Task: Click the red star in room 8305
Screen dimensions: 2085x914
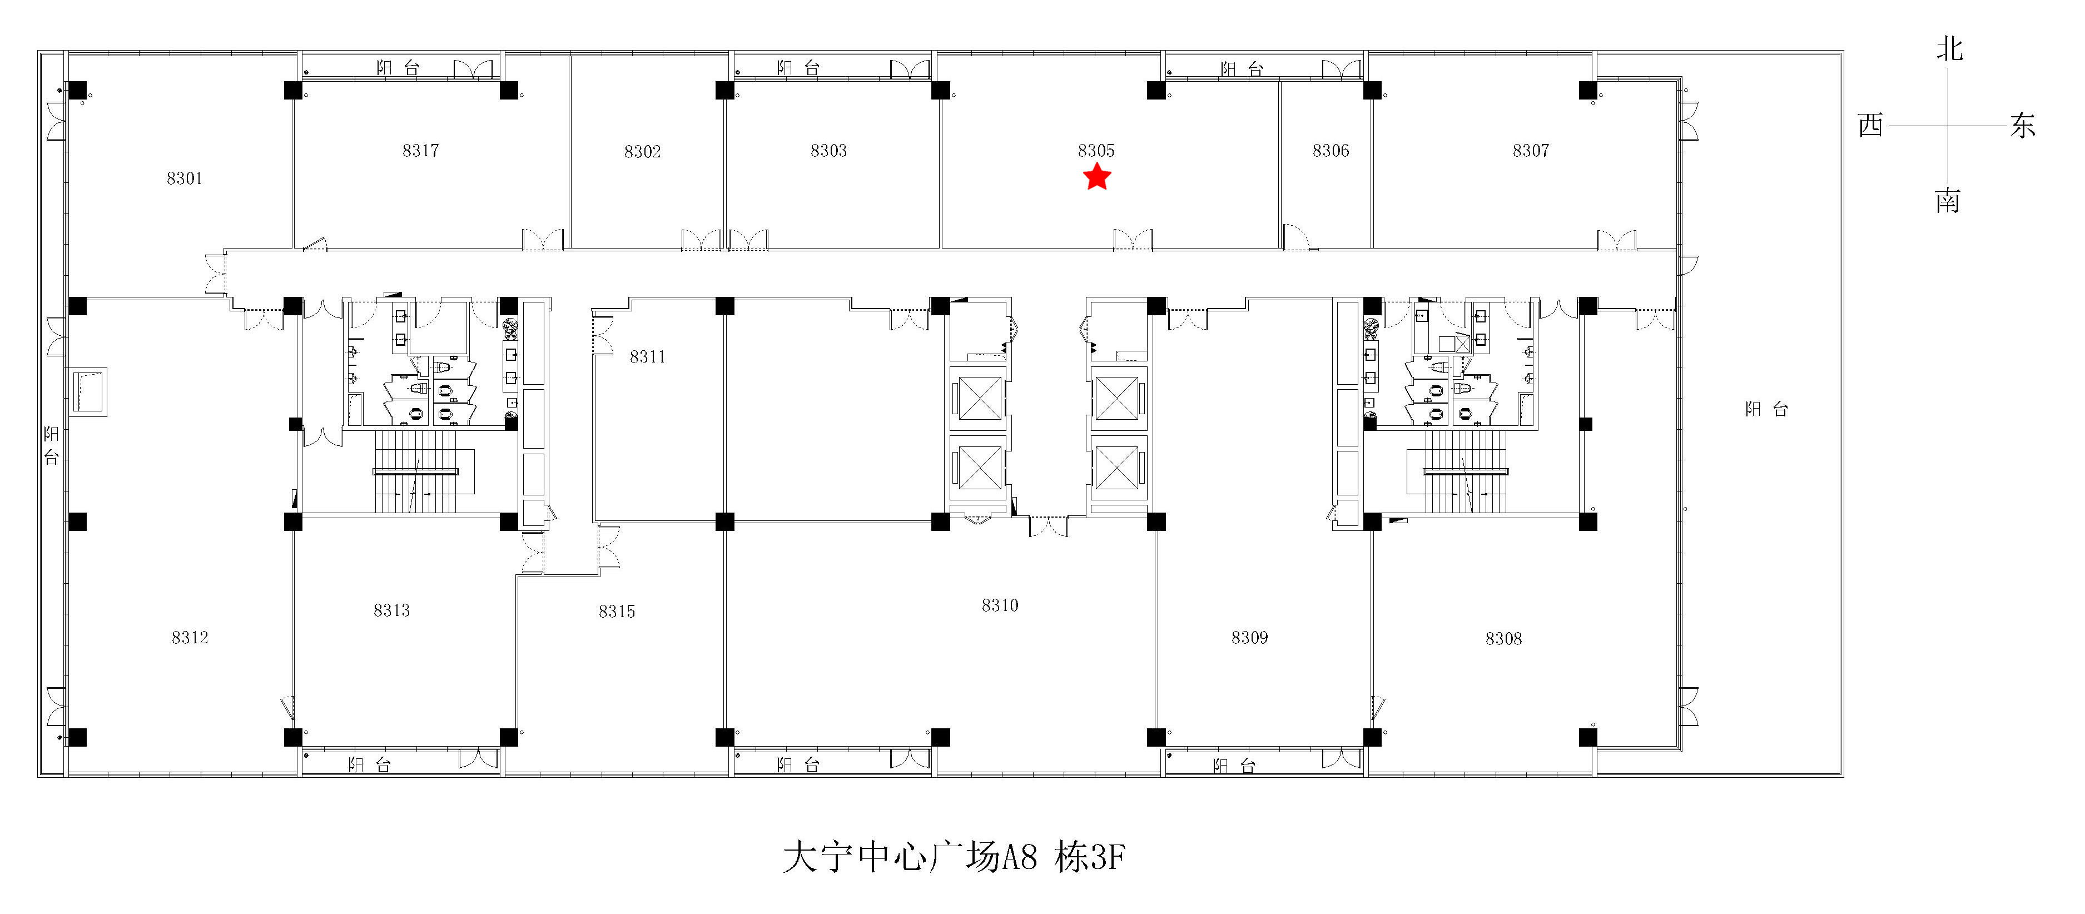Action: point(1097,176)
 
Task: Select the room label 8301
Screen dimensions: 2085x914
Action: point(185,178)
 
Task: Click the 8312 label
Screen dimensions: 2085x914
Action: point(190,637)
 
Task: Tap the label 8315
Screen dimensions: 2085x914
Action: point(617,611)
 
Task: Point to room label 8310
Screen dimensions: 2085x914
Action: point(1000,605)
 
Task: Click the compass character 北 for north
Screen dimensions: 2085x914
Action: point(1949,48)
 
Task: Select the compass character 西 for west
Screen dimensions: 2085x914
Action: point(1870,126)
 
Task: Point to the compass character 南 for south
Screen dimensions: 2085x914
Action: point(1948,200)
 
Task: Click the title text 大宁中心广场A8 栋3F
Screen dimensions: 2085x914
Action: point(954,857)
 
